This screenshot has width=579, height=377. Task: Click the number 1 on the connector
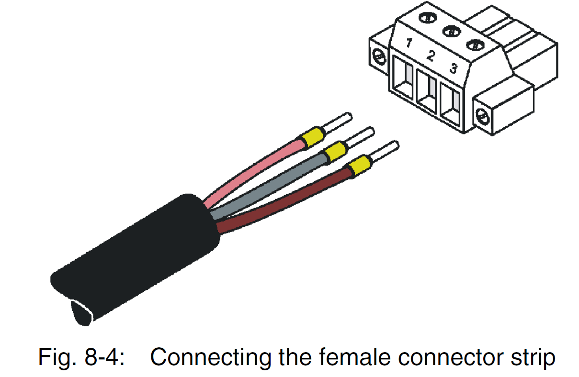point(409,44)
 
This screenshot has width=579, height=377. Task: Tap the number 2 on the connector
point(431,56)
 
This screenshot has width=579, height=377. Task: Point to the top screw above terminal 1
point(426,18)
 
